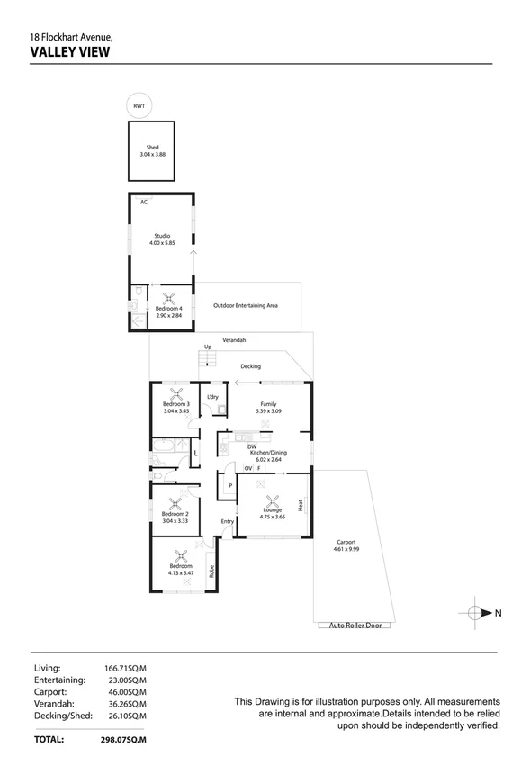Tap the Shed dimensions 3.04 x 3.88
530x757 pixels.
click(x=152, y=155)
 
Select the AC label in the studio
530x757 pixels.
click(x=143, y=202)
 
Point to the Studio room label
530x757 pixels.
click(x=161, y=236)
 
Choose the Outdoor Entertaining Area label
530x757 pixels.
click(x=245, y=306)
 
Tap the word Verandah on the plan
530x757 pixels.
click(x=234, y=340)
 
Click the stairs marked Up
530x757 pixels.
click(x=209, y=360)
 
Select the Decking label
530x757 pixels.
click(x=250, y=366)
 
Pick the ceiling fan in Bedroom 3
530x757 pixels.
click(x=176, y=393)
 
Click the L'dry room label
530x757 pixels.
click(x=212, y=397)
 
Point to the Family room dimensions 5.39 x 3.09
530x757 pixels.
click(x=268, y=411)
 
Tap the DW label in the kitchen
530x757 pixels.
click(x=253, y=447)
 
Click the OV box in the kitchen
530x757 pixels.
click(x=248, y=467)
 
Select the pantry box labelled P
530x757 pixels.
click(x=230, y=486)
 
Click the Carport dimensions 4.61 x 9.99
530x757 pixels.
click(x=346, y=548)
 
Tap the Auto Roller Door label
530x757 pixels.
click(x=354, y=625)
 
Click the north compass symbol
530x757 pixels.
click(x=477, y=613)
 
